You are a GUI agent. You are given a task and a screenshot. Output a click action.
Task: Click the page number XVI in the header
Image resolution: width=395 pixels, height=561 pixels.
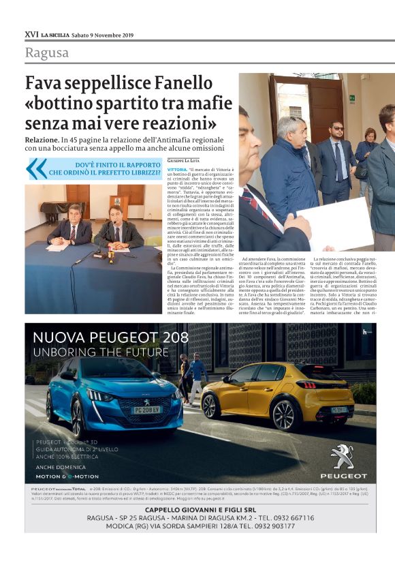click(x=31, y=34)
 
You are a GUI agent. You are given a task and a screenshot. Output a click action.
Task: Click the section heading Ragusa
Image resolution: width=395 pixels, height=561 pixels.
click(x=47, y=52)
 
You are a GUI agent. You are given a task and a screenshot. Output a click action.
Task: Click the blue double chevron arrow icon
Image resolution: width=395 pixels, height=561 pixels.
click(x=36, y=168)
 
